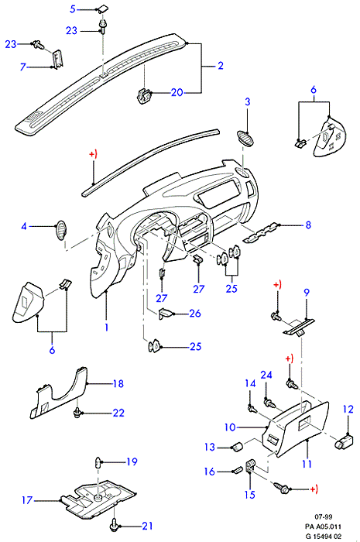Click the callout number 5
pyautogui.click(x=72, y=9)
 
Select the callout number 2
pyautogui.click(x=221, y=65)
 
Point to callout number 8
pyautogui.click(x=308, y=225)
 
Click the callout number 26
pyautogui.click(x=195, y=313)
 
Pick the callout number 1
pyautogui.click(x=106, y=327)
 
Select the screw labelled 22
pyautogui.click(x=77, y=413)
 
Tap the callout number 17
pyautogui.click(x=27, y=500)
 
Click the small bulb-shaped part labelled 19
pyautogui.click(x=98, y=461)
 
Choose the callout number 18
pyautogui.click(x=118, y=383)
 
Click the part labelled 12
pyautogui.click(x=344, y=442)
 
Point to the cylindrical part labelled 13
pyautogui.click(x=236, y=448)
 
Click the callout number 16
pyautogui.click(x=210, y=472)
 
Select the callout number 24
pyautogui.click(x=266, y=375)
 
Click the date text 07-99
pyautogui.click(x=324, y=516)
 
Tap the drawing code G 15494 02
pyautogui.click(x=324, y=537)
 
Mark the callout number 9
pyautogui.click(x=307, y=293)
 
